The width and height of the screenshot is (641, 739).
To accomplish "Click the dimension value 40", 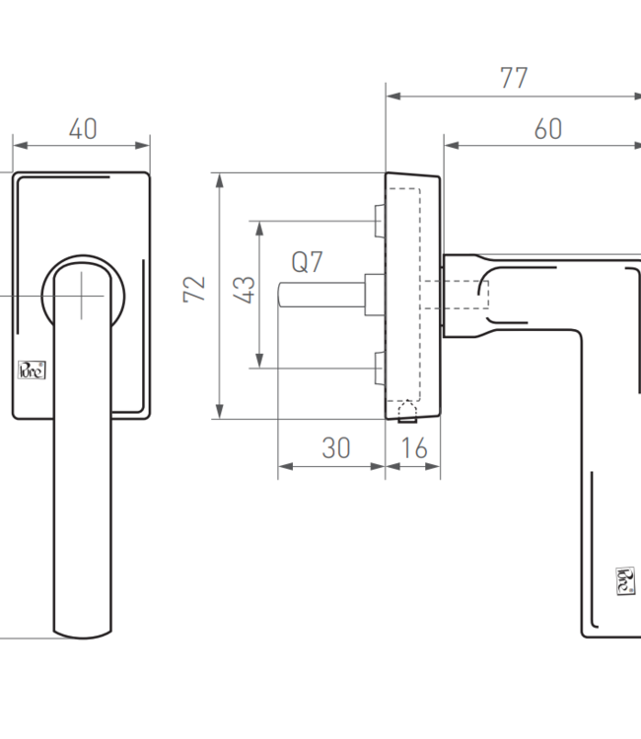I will (x=83, y=129).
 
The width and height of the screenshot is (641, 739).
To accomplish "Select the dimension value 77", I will (x=513, y=79).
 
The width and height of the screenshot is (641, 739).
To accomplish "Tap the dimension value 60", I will (x=547, y=129).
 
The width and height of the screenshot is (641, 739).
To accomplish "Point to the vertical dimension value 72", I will (x=195, y=289).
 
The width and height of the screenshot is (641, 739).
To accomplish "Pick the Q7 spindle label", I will (x=307, y=263).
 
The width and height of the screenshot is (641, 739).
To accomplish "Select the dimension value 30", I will (x=336, y=448).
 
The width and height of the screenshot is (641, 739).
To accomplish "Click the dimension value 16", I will (x=414, y=448).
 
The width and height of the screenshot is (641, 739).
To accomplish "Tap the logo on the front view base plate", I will (x=32, y=369).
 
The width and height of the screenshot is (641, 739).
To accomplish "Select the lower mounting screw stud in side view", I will (x=379, y=368).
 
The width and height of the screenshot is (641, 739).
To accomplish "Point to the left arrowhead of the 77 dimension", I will (x=391, y=97).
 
